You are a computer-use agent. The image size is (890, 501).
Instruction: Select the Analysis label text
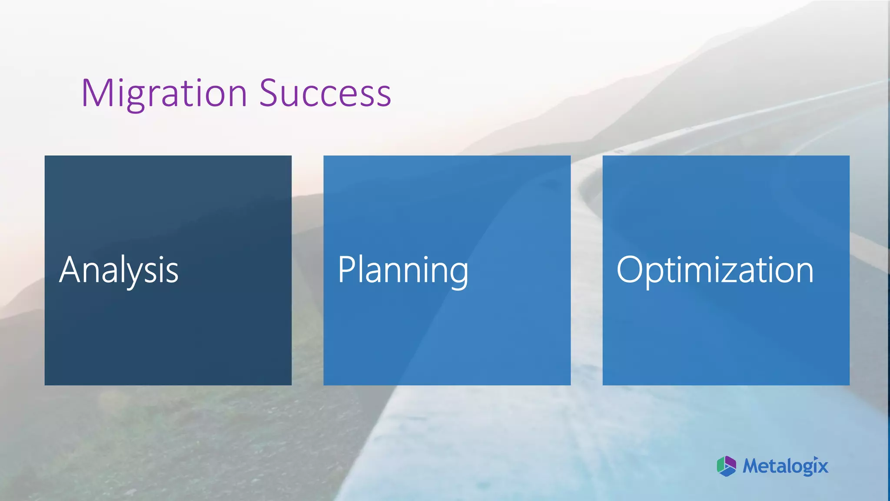click(x=119, y=270)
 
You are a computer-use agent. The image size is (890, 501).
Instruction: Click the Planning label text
click(x=403, y=270)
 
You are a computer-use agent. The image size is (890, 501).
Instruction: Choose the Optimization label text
click(x=715, y=270)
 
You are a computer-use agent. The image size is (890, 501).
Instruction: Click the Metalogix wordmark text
click(x=785, y=466)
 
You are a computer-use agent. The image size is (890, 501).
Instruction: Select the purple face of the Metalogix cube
click(x=731, y=463)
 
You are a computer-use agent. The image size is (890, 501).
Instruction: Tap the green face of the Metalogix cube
click(x=721, y=465)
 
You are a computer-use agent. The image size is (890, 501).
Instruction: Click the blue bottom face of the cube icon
click(x=727, y=472)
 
